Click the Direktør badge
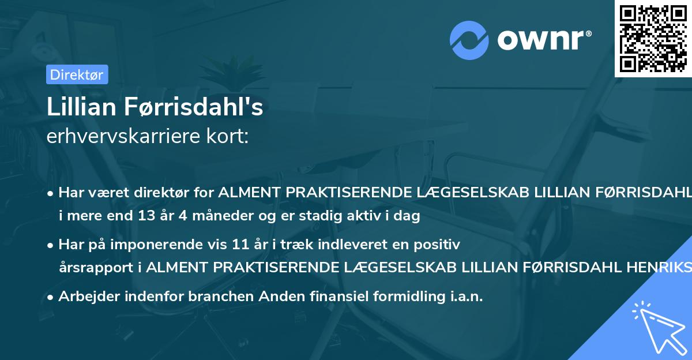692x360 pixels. pos(77,74)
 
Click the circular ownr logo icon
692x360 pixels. pos(470,40)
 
